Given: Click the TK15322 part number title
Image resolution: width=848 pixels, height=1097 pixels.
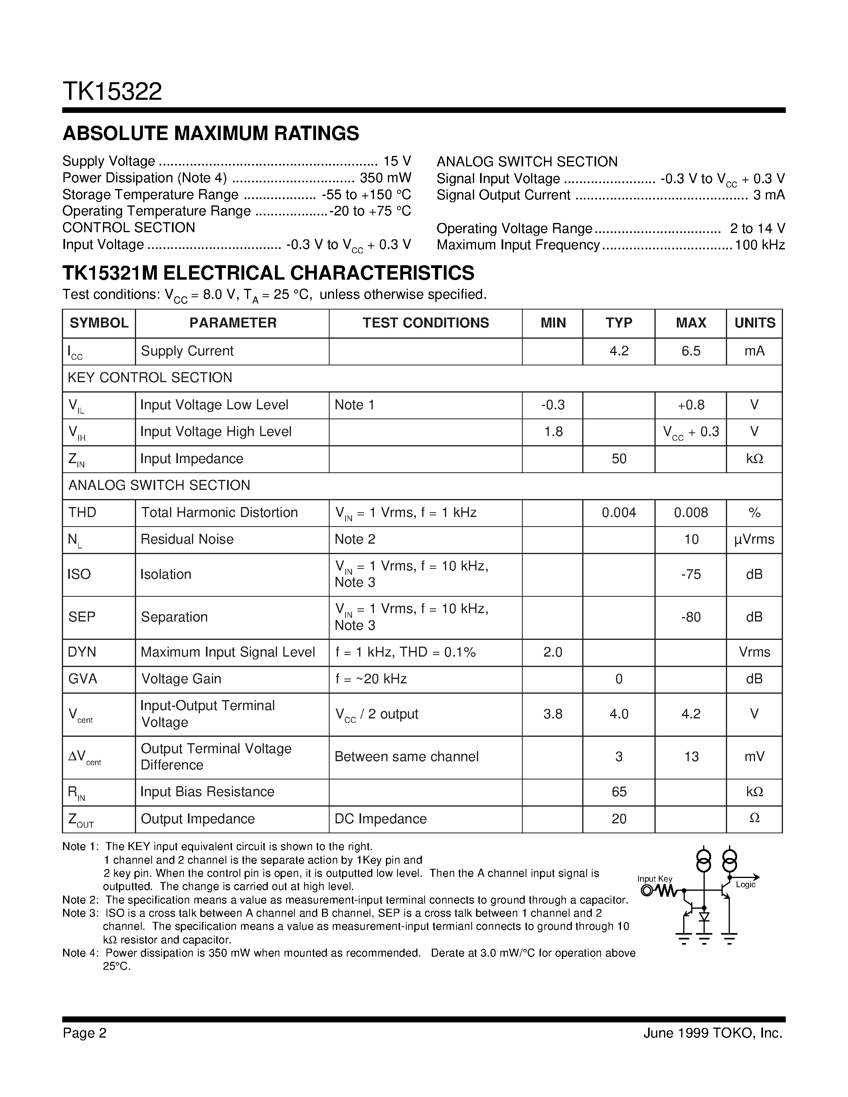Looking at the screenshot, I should tap(112, 92).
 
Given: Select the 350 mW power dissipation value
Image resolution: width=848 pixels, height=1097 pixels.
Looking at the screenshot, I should tap(385, 178).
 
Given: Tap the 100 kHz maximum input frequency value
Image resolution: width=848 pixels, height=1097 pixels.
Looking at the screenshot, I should tap(759, 245).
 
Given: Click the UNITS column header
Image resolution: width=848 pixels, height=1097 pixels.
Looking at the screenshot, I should tap(755, 323).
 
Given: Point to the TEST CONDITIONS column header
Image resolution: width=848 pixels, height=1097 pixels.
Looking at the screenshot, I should tap(425, 323).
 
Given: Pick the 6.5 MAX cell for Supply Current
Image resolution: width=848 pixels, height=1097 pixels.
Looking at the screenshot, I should tap(691, 351).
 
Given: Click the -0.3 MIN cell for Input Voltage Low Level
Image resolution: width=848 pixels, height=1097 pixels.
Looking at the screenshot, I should tap(553, 405).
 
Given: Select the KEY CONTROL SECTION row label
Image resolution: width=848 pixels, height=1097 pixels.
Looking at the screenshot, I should tap(150, 378).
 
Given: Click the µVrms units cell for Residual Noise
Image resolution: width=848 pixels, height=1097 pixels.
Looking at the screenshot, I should tap(754, 539).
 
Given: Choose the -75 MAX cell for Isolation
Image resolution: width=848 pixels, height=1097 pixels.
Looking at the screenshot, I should tap(691, 574).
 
